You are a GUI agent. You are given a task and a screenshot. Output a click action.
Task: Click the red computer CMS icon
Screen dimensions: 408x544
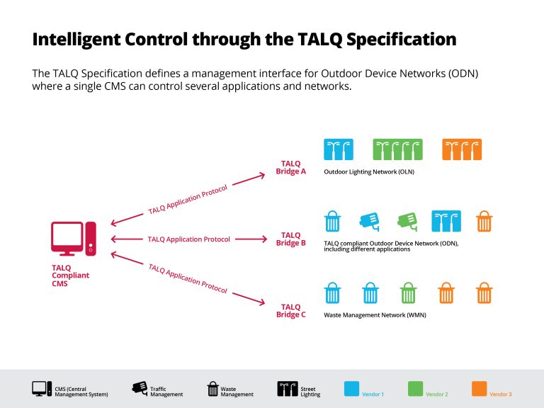pos(73,239)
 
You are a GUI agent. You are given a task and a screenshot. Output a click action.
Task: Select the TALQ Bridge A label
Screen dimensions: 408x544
pos(291,168)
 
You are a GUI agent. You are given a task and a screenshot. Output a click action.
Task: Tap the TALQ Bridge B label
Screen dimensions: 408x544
pos(291,239)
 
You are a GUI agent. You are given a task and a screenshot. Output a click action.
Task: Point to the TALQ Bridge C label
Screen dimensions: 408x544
pos(291,311)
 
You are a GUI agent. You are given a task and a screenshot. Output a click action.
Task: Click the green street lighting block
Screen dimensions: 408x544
pos(397,149)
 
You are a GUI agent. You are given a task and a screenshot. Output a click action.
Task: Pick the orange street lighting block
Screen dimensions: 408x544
pos(462,149)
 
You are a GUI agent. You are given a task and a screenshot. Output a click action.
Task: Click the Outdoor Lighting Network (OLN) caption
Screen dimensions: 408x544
pos(368,172)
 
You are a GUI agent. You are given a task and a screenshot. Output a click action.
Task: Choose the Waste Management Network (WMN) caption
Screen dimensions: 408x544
pos(375,314)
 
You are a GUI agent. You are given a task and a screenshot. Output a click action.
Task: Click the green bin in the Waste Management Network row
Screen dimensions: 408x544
pos(408,293)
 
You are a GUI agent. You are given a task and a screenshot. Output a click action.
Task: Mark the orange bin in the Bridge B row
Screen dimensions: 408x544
pos(484,221)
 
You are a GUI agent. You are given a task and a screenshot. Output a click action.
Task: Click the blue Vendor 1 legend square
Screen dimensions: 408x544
pos(352,388)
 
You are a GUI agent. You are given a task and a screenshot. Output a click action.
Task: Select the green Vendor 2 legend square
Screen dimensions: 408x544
pos(416,388)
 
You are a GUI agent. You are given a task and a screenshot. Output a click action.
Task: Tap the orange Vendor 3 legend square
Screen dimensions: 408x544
pos(480,388)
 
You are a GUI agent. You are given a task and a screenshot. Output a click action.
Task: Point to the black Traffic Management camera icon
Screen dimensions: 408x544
pos(140,387)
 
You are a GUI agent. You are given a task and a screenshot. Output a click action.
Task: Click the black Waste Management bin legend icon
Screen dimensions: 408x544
pos(212,388)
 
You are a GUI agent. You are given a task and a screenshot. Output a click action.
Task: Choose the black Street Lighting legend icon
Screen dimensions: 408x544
pos(287,388)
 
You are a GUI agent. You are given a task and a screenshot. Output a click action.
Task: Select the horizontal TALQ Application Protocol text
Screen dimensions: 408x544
pos(188,239)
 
